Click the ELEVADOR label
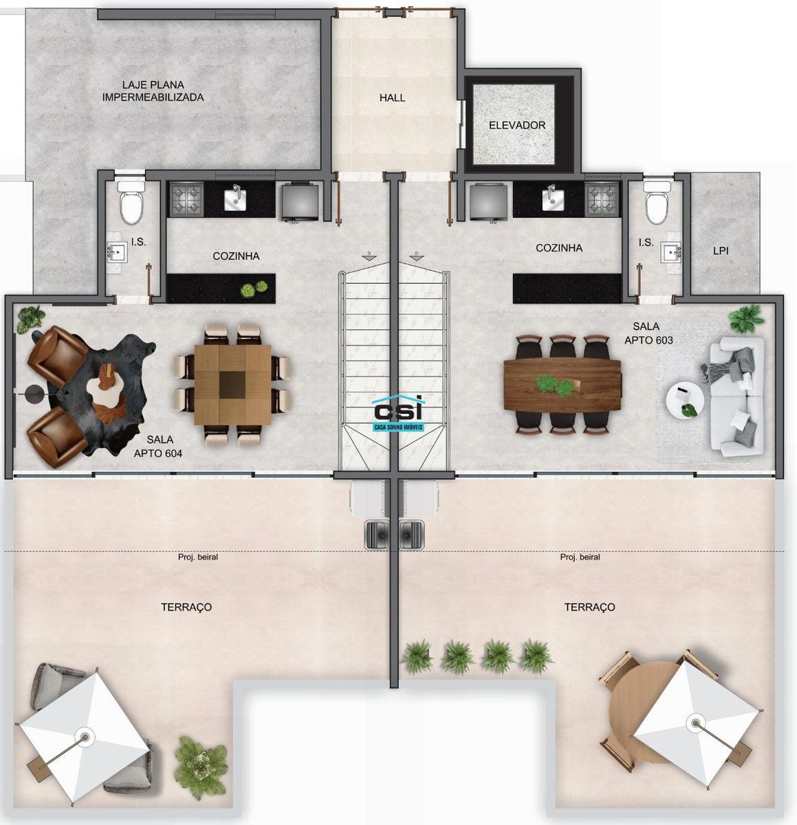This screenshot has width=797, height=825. coord(517,126)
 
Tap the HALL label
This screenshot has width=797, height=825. coord(392,98)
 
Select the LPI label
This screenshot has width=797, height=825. coord(721,250)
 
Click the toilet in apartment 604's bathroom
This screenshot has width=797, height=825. coord(131,202)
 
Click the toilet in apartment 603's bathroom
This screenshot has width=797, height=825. coord(657,202)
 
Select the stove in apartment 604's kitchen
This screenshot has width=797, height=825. coord(186,199)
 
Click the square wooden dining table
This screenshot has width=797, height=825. coord(232,384)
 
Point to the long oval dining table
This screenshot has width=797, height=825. coord(563,385)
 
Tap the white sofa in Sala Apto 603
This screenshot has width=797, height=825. coord(736,397)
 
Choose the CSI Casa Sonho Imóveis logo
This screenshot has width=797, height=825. coord(397,413)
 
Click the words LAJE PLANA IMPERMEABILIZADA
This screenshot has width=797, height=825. coord(153,91)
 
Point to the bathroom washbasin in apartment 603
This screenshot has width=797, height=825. coord(673,253)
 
